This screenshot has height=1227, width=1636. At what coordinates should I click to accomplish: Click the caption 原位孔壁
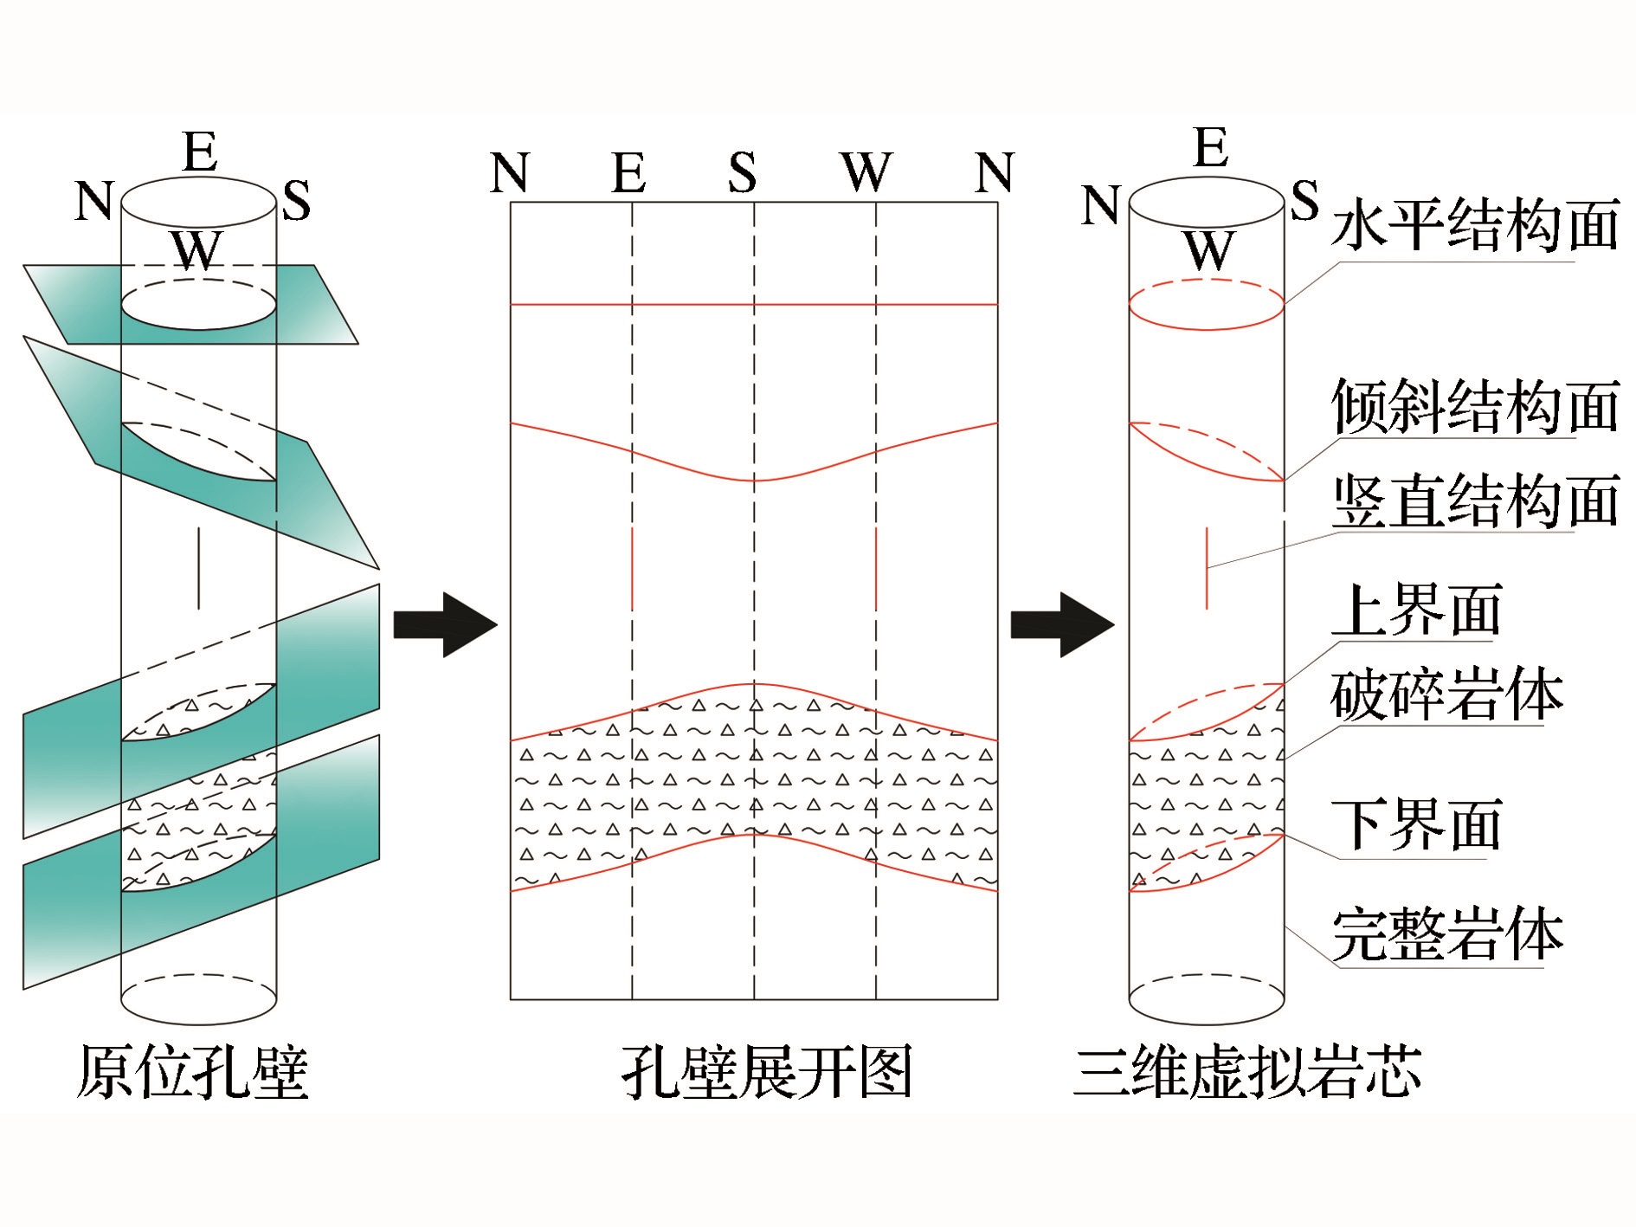193,1071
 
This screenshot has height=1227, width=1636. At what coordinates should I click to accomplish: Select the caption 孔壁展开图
767,1071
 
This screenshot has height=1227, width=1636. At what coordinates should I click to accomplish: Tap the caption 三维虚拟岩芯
1247,1071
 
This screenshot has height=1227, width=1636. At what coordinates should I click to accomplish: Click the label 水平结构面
1475,225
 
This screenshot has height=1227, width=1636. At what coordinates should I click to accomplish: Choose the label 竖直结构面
1475,500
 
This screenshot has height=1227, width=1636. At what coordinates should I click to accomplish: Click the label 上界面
1416,610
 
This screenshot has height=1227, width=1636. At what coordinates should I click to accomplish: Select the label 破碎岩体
1446,694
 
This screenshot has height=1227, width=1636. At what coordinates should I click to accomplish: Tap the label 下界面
1416,825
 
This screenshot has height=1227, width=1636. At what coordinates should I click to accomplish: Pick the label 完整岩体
1446,935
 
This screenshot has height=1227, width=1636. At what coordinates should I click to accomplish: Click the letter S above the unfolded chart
742,172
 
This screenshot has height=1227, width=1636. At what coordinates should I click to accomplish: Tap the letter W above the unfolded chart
866,172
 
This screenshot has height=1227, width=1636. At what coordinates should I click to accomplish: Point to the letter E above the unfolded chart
629,172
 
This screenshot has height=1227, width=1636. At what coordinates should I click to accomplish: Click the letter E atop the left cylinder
201,152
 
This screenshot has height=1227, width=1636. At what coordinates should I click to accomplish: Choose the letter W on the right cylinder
1208,251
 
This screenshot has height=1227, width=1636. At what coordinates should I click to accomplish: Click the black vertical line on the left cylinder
199,568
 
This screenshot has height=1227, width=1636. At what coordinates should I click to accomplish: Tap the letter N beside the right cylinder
1101,206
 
